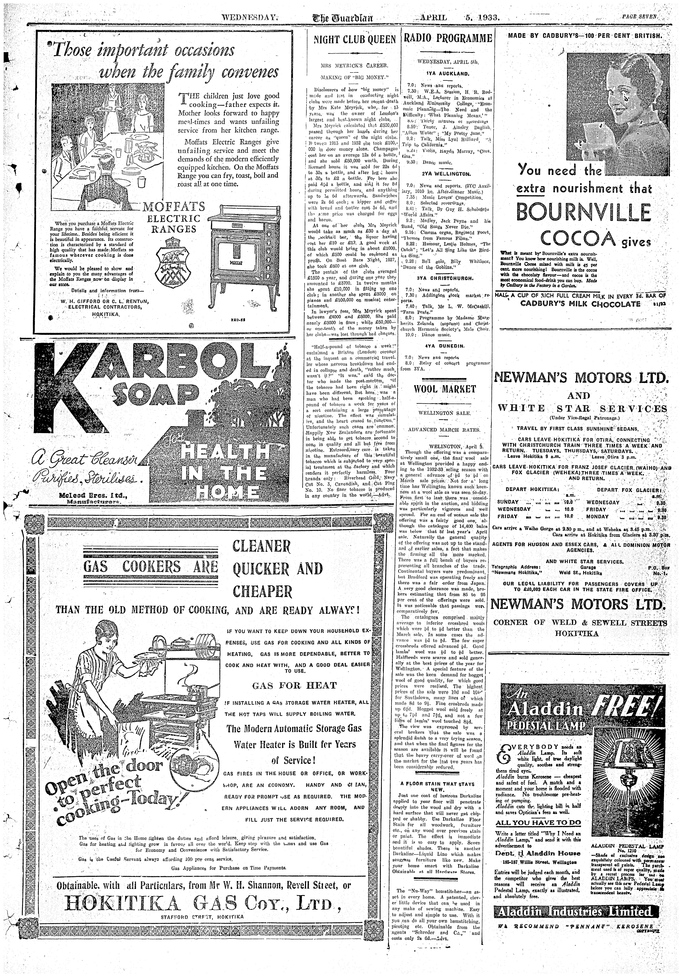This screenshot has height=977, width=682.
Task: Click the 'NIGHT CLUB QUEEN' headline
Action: (x=354, y=40)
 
